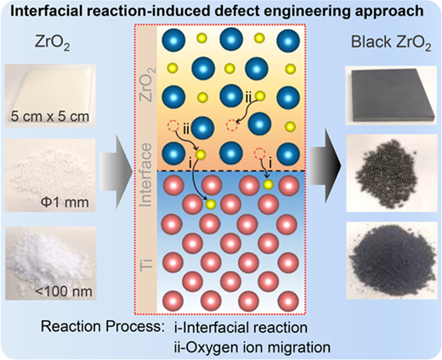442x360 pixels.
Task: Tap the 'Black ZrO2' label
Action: point(391,43)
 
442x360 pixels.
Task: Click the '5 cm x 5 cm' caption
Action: point(50,116)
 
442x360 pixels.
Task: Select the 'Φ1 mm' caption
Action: point(65,202)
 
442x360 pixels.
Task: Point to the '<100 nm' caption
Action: point(65,291)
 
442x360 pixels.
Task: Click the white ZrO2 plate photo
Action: point(50,95)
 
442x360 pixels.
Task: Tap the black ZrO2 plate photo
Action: point(391,95)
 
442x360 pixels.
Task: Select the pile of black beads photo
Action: point(391,173)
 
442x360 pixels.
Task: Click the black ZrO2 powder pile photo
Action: point(392,261)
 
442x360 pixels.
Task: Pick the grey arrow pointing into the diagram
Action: point(116,172)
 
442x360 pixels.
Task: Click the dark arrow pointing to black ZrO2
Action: point(325,166)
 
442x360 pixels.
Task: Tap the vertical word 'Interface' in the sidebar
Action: point(146,175)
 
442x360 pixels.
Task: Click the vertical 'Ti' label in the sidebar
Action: point(146,265)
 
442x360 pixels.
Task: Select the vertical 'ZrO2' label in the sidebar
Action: point(148,85)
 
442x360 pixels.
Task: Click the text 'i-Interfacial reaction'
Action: point(241,328)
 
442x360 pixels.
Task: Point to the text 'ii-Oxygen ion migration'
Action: point(252,347)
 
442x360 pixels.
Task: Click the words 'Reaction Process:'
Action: point(103,326)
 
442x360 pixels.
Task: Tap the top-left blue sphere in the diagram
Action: point(173,40)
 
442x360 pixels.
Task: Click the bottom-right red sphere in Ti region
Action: point(288,301)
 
